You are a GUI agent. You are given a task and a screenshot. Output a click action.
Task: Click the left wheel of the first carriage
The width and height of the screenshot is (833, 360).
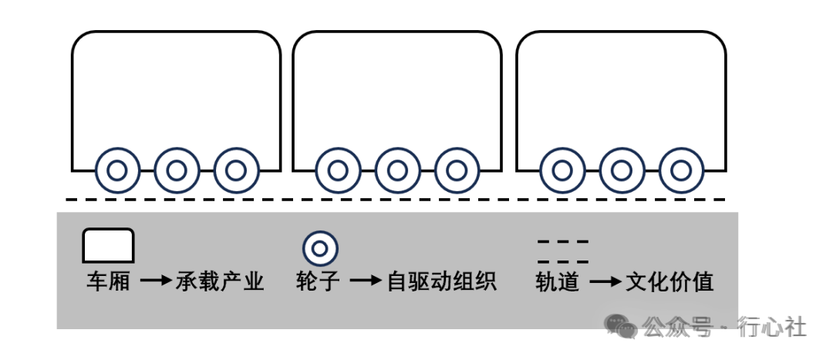(x=117, y=170)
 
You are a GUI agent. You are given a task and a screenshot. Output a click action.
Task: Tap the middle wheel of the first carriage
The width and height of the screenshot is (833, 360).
(x=177, y=170)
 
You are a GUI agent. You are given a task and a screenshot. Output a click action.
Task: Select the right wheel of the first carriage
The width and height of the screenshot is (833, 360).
(x=236, y=170)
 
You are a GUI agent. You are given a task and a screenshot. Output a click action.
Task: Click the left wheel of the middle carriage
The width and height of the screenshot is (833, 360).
(x=338, y=170)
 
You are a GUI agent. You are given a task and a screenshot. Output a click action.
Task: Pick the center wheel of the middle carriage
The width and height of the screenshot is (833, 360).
(x=397, y=170)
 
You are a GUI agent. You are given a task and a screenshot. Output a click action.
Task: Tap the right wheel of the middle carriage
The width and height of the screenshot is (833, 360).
(x=457, y=170)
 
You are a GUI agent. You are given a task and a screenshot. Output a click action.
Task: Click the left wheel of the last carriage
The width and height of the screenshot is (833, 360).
(x=562, y=170)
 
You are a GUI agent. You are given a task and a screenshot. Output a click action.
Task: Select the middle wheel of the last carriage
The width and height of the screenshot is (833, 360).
(x=622, y=170)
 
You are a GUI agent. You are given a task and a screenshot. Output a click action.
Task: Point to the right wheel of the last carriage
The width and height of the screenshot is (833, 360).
(x=681, y=170)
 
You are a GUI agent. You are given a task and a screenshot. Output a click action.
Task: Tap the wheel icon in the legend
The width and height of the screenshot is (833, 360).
(x=320, y=248)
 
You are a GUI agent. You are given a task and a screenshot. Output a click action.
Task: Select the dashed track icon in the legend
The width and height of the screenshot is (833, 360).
(x=563, y=251)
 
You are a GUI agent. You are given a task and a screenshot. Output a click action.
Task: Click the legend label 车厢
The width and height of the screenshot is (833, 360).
(x=108, y=282)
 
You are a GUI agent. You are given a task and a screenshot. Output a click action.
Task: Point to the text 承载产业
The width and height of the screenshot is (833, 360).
(x=220, y=282)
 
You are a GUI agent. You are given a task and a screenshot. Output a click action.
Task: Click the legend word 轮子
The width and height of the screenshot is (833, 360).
(x=318, y=282)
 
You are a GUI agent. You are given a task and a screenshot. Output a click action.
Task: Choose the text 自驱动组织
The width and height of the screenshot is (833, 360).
(x=442, y=282)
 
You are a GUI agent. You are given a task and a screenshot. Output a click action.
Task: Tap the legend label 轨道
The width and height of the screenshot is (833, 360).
(x=557, y=282)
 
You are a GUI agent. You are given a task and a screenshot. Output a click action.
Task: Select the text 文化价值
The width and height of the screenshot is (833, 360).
(x=669, y=282)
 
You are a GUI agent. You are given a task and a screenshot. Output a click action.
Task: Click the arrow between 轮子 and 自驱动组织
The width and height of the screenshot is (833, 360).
(x=366, y=282)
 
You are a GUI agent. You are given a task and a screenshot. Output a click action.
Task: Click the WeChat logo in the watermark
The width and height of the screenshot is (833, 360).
(x=622, y=326)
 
